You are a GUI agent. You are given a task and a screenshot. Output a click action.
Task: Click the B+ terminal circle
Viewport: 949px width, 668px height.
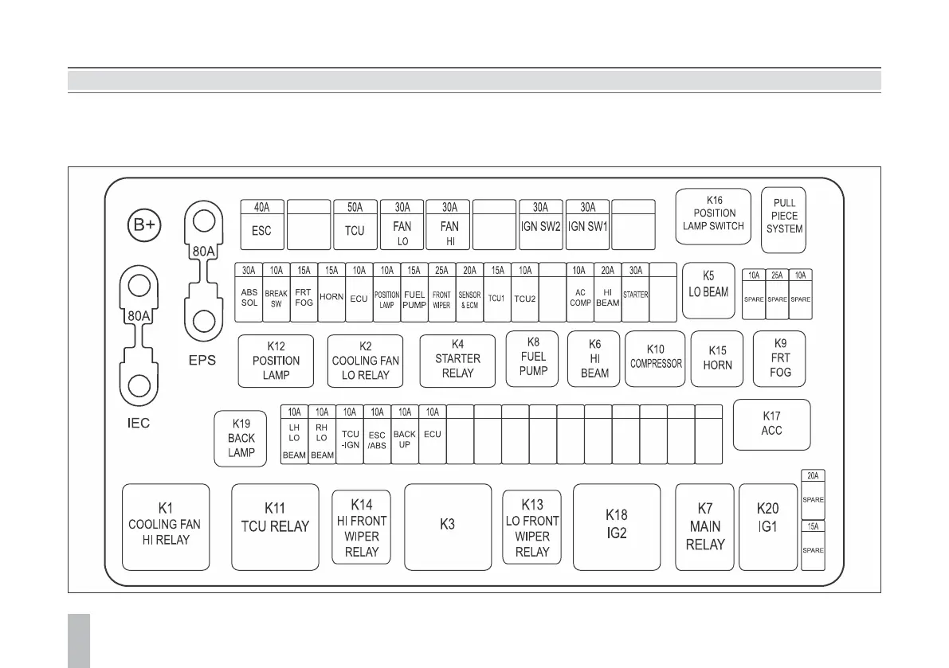pyautogui.click(x=144, y=227)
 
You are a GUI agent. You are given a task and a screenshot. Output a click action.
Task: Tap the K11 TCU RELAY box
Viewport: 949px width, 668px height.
pyautogui.click(x=275, y=526)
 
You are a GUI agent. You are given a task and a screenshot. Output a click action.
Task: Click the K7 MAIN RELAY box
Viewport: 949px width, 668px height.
pyautogui.click(x=704, y=526)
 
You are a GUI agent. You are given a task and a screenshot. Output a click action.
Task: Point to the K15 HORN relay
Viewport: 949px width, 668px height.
pyautogui.click(x=717, y=358)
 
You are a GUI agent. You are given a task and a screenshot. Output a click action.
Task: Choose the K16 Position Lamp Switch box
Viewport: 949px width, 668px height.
pyautogui.click(x=713, y=214)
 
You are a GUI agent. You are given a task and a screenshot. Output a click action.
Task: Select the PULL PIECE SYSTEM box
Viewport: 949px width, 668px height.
pyautogui.click(x=784, y=216)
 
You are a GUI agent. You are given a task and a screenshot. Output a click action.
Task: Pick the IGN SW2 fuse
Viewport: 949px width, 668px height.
pyautogui.click(x=541, y=226)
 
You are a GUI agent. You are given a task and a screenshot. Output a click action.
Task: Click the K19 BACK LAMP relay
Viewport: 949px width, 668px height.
pyautogui.click(x=241, y=438)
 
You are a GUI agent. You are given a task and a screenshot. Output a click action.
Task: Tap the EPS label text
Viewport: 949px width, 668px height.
pyautogui.click(x=202, y=360)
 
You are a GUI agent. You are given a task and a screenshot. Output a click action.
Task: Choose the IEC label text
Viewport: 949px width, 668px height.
pyautogui.click(x=139, y=423)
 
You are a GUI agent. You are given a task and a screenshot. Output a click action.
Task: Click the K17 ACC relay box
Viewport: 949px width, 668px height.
pyautogui.click(x=771, y=424)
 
